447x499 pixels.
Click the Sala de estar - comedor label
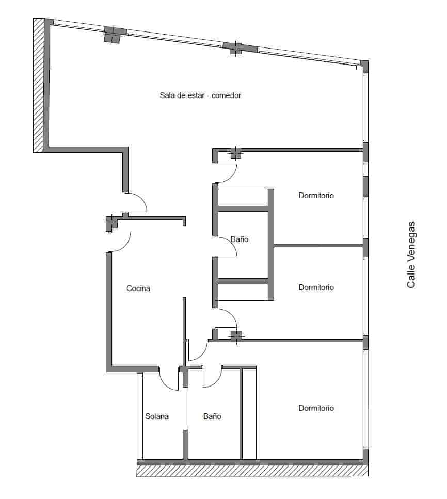[x=201, y=95]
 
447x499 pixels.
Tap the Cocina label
[x=138, y=288]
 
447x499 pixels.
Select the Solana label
[x=157, y=416]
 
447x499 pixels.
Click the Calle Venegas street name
[x=411, y=255]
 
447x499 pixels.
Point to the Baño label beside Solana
[x=212, y=416]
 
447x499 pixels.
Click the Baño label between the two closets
[x=240, y=239]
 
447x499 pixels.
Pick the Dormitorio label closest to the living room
[x=316, y=196]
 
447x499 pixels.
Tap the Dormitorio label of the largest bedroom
[x=316, y=408]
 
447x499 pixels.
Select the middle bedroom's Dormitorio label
[x=316, y=287]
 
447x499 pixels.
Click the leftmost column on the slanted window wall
[x=115, y=35]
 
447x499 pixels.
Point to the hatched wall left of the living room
[x=38, y=85]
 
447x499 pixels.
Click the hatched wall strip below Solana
[x=252, y=471]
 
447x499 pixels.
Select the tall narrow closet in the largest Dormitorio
[x=249, y=414]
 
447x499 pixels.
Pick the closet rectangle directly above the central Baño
[x=243, y=198]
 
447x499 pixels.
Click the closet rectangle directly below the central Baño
[x=243, y=293]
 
